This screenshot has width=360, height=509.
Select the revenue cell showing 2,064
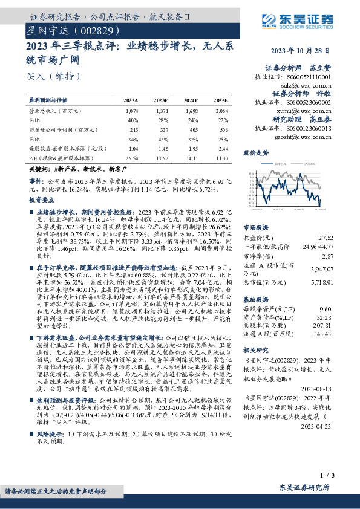click(222, 111)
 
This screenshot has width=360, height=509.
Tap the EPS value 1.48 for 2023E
click(163, 147)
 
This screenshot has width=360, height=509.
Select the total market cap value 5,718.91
click(321, 282)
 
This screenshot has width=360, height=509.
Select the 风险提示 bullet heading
click(53, 433)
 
